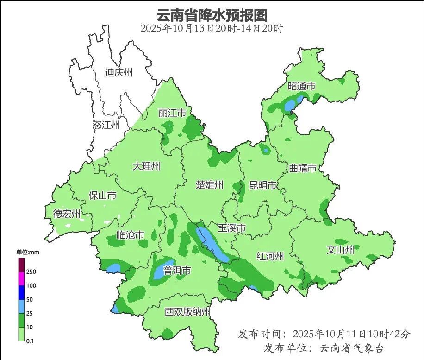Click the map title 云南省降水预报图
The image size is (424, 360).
(212, 15)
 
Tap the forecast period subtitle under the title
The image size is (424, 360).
(212, 28)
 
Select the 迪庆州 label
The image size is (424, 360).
(118, 72)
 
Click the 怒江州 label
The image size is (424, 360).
(106, 125)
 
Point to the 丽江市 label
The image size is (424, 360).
(172, 113)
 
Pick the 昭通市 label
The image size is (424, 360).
(301, 86)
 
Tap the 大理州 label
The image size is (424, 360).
(146, 166)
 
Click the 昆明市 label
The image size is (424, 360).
(262, 185)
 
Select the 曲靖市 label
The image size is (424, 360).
(303, 168)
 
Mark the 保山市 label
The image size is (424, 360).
(102, 196)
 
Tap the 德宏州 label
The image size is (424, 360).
(67, 214)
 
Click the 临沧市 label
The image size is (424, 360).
(130, 235)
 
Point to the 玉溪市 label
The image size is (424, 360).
(231, 228)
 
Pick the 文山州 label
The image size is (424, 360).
(340, 250)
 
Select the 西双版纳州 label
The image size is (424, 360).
(187, 312)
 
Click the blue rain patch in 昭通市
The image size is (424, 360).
(292, 105)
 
